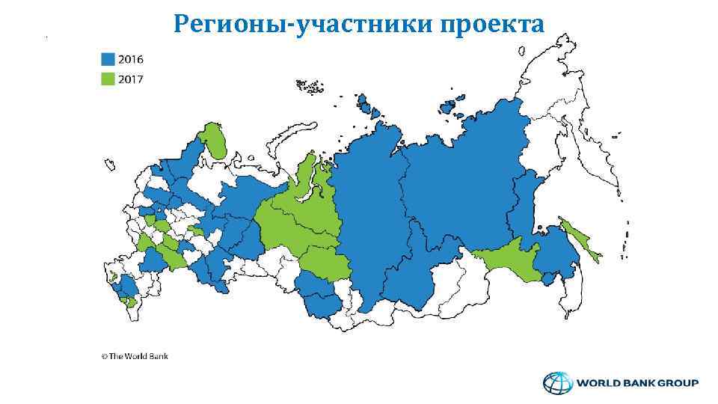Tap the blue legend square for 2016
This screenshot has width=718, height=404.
click(108, 59)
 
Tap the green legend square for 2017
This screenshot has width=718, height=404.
click(108, 78)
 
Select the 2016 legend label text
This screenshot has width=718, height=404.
click(131, 59)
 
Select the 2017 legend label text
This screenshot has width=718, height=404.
click(131, 78)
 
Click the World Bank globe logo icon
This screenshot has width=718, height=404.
click(556, 384)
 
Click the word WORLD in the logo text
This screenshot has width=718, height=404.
click(596, 384)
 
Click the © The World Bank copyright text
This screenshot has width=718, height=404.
click(135, 356)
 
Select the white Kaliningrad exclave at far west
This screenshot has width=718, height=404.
click(109, 163)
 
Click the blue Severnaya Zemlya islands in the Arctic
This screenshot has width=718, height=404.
click(368, 106)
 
